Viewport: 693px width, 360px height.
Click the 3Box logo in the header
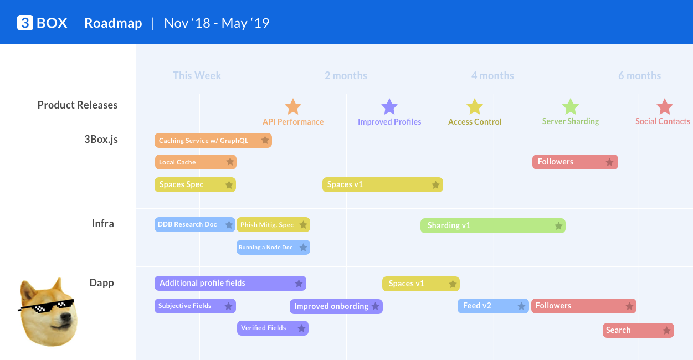(x=42, y=23)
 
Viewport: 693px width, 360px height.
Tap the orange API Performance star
(x=292, y=107)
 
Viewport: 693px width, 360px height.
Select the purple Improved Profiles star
(x=389, y=107)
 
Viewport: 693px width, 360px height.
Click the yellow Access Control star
(x=475, y=107)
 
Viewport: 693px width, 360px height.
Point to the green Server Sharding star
(x=571, y=107)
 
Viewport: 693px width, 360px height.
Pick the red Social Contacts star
(x=664, y=107)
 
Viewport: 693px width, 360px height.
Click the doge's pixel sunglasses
(x=48, y=306)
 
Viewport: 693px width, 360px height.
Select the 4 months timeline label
(x=492, y=76)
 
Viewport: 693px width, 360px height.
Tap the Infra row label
(x=103, y=224)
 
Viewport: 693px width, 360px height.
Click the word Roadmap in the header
(x=113, y=23)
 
